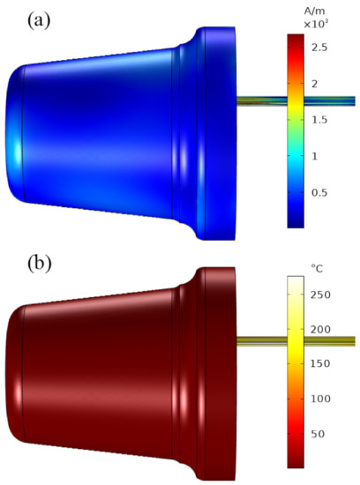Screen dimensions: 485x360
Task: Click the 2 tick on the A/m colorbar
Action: click(x=320, y=83)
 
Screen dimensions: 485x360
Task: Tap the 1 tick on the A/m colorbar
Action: click(x=320, y=156)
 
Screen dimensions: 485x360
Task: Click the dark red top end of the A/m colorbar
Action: click(x=296, y=39)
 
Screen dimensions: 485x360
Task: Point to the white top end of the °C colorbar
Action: click(x=296, y=280)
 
